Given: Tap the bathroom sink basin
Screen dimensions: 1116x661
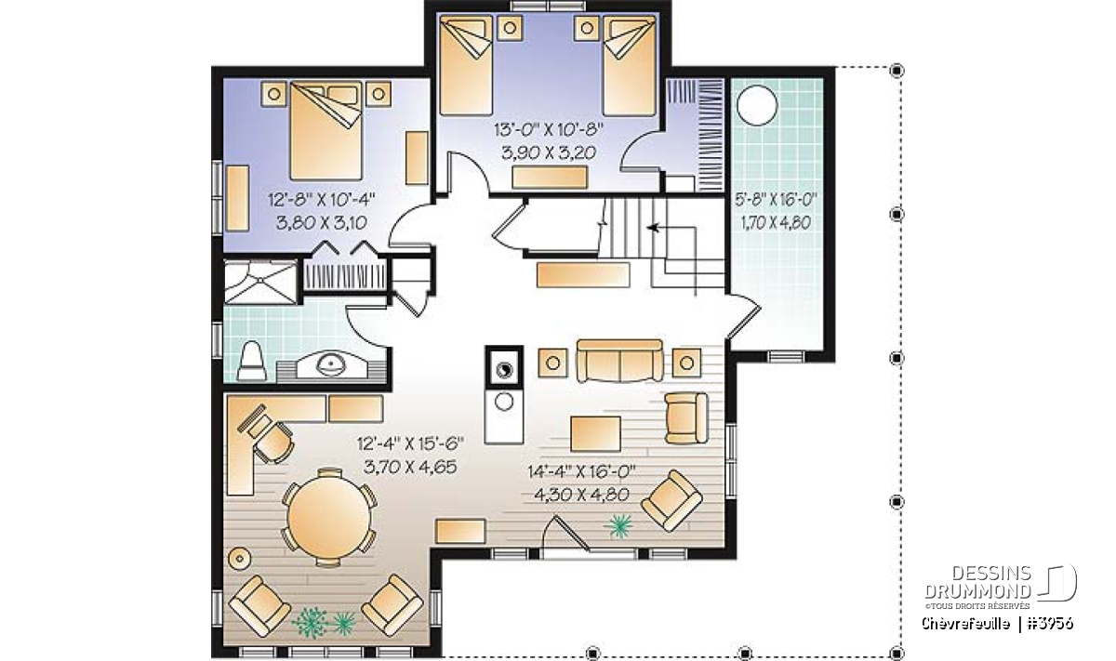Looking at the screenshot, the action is click(x=331, y=364).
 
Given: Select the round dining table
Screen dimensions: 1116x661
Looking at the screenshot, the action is click(x=329, y=517).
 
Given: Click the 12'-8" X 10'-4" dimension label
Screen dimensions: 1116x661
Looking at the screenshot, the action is click(x=322, y=200).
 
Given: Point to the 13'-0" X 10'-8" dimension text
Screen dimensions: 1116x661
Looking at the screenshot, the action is click(x=549, y=129).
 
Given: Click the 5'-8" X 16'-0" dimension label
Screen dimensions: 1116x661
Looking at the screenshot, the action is click(x=777, y=200).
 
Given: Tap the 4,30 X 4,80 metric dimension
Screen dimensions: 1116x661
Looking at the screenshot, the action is click(x=581, y=495).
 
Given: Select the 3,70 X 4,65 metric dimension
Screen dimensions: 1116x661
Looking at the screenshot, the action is click(x=410, y=467).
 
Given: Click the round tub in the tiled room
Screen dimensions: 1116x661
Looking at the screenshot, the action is click(x=757, y=105).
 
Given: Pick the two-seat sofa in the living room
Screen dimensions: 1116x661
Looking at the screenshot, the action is click(x=619, y=361).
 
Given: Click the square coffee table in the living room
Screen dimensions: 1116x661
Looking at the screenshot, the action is click(x=595, y=434).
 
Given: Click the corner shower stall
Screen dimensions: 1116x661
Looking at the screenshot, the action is click(x=260, y=282).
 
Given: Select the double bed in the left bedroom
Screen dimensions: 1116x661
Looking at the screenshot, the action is click(x=325, y=130).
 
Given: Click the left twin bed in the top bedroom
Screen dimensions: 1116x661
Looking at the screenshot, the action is click(x=466, y=65).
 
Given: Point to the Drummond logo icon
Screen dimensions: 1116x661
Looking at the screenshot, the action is click(x=1057, y=582).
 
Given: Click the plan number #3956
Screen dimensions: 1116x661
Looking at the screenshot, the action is click(x=1050, y=623).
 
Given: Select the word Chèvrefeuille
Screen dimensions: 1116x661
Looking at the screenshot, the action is click(x=966, y=623).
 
